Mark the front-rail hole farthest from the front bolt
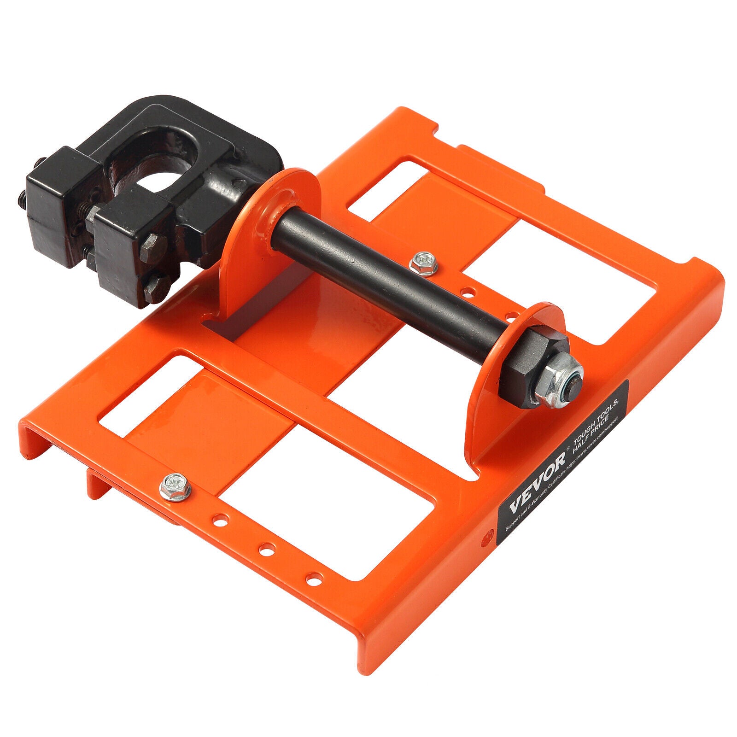pyautogui.click(x=314, y=576)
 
